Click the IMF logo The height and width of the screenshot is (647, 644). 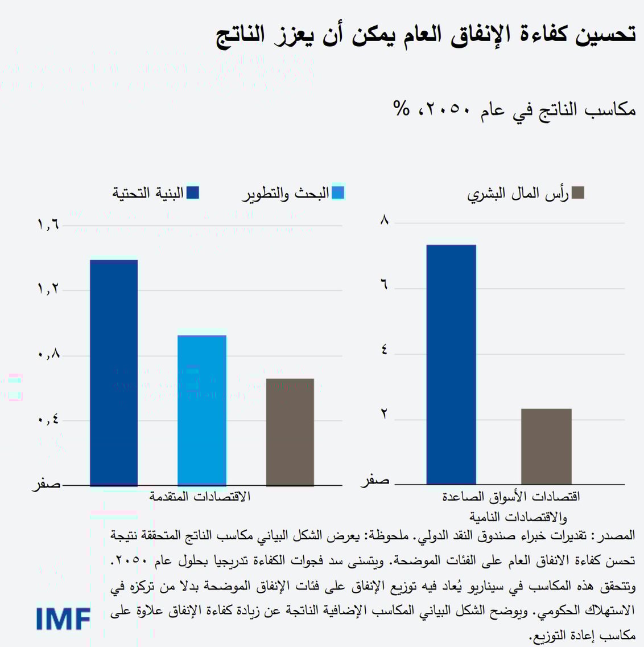(x=63, y=618)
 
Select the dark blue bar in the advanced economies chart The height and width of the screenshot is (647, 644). (x=114, y=373)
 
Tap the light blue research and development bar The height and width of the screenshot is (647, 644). (x=202, y=410)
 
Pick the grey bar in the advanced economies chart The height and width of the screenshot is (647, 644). (x=290, y=432)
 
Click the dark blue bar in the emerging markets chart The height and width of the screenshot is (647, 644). (x=451, y=365)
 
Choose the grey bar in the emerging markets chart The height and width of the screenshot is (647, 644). (x=546, y=447)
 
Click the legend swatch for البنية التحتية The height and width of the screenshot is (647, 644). (x=192, y=193)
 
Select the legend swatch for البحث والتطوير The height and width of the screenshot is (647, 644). (x=337, y=193)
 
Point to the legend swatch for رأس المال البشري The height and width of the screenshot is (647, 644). (x=578, y=193)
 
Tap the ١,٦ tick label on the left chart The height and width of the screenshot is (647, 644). (x=48, y=225)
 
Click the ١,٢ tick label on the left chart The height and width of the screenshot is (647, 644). (x=48, y=289)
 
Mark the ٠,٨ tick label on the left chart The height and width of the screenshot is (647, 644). (x=48, y=354)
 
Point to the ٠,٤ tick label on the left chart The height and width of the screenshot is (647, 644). (x=48, y=420)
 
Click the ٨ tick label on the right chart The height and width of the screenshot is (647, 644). (x=385, y=219)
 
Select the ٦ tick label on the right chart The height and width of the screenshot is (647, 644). (x=385, y=284)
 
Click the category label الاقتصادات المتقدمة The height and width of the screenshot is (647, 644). (x=200, y=496)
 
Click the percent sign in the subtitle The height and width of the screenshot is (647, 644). (x=401, y=108)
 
